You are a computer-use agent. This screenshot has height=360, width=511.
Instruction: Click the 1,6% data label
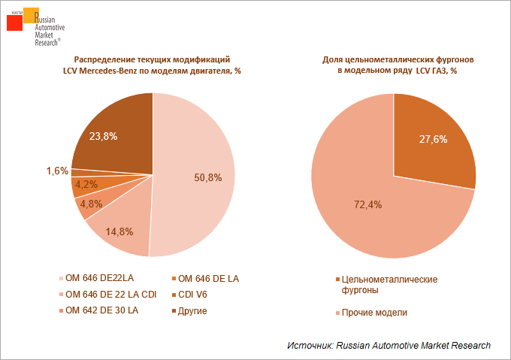point(57,171)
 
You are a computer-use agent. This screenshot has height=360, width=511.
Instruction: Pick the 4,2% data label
point(87,184)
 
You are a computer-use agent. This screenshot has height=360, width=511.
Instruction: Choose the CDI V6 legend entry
point(194,295)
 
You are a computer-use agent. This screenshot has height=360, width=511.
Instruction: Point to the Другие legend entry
point(192,310)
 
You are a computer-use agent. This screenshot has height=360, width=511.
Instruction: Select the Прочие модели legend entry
point(374,312)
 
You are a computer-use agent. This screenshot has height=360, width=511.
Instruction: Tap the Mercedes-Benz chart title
point(152,65)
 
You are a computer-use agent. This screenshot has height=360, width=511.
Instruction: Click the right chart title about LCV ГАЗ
point(392,65)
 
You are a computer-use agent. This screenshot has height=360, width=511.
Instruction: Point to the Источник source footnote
point(389,345)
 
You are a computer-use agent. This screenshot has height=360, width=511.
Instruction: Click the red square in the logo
point(14,22)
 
